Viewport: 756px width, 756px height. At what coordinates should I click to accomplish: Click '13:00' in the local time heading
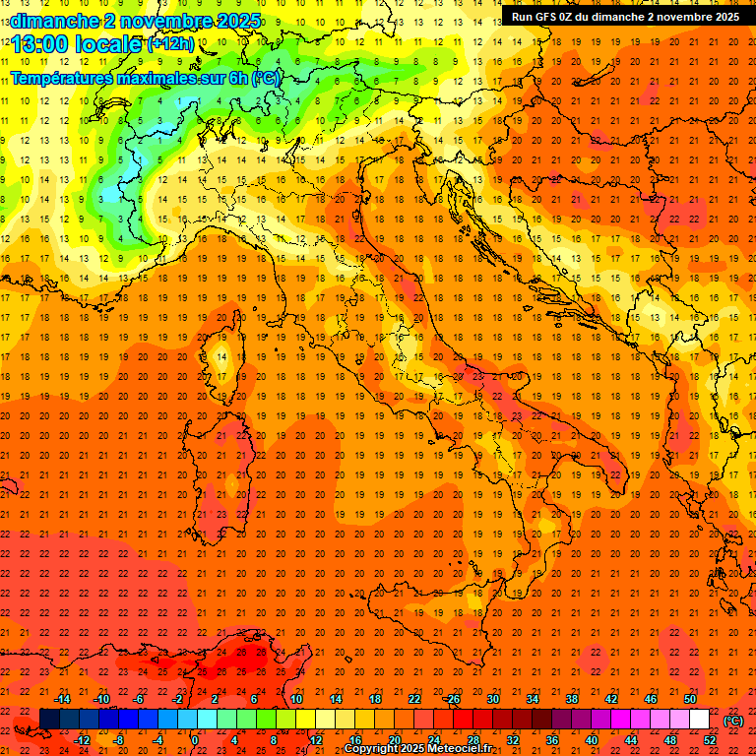click(x=39, y=45)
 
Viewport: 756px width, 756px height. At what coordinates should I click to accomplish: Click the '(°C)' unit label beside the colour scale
click(x=733, y=721)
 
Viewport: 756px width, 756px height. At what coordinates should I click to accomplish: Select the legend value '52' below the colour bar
click(x=710, y=740)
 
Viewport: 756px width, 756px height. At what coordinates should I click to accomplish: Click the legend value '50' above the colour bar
click(x=690, y=699)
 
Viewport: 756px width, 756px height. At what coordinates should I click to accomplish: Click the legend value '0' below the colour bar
click(x=195, y=740)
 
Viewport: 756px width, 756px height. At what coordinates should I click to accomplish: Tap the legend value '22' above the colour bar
click(x=414, y=699)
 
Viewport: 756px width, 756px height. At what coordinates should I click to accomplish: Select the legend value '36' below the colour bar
click(x=552, y=740)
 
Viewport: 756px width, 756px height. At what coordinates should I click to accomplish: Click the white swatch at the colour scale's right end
click(x=700, y=720)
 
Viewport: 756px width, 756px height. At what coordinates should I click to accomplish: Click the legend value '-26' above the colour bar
click(x=452, y=699)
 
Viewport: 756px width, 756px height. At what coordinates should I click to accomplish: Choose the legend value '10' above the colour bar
click(x=296, y=699)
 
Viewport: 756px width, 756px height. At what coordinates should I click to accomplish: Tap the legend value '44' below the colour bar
click(x=631, y=740)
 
